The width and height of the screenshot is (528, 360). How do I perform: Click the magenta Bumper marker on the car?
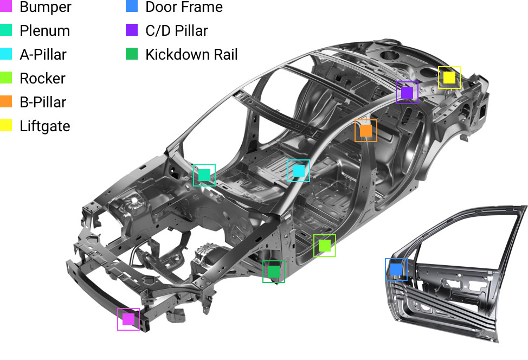coord(128,319)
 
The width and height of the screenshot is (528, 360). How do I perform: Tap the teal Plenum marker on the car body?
coord(204,175)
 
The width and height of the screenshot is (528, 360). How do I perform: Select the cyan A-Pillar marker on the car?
coord(299,171)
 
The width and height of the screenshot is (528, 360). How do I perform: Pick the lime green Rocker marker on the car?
coord(325,246)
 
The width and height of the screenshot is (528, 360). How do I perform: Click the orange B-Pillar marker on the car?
coord(366,131)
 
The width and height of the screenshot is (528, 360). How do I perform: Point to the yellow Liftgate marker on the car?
coord(449,78)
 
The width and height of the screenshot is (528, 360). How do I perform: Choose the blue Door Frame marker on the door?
coord(396,269)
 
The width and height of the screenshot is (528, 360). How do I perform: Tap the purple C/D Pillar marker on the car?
coord(407,93)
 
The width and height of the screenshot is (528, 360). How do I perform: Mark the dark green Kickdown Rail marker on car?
coord(274,272)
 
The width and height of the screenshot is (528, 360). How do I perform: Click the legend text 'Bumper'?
coord(46,7)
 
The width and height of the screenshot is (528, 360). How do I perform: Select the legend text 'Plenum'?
coord(45,31)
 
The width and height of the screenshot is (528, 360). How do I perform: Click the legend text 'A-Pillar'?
coord(43,55)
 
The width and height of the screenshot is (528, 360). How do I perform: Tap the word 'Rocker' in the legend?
coord(42,79)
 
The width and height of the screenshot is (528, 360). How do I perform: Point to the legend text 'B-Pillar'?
coord(43,102)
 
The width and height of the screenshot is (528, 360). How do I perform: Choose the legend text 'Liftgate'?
coord(45,126)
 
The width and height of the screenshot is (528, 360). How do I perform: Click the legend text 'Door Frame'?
coord(184,7)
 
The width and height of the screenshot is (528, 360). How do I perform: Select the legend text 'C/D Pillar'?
coord(177,31)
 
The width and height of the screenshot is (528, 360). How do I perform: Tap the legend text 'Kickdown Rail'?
coord(191,55)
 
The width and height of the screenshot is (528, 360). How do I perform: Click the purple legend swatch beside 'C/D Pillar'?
coord(132,30)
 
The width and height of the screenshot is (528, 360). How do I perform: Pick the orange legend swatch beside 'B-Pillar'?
coord(6,102)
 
